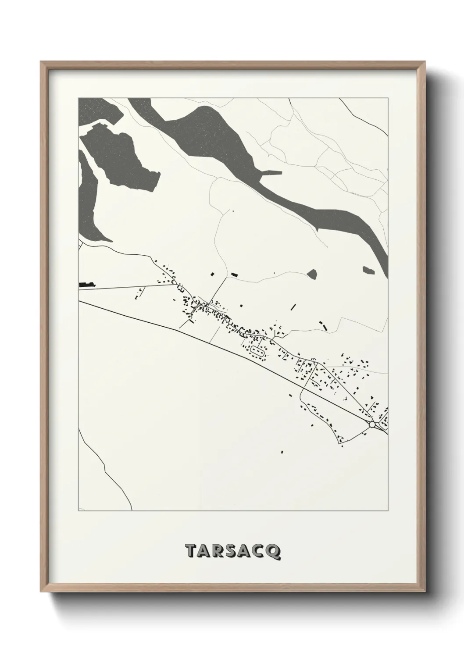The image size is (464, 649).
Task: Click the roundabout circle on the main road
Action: (372, 424)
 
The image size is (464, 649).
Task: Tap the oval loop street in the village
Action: (258, 351)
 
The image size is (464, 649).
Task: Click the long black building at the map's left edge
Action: (87, 285)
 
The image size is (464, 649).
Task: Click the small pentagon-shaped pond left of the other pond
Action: (312, 275)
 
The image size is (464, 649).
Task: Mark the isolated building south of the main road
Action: (282, 451)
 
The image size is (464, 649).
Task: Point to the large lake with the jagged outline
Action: (118, 158)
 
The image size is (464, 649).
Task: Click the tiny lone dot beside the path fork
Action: (233, 211)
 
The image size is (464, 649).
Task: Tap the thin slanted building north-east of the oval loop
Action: (293, 306)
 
